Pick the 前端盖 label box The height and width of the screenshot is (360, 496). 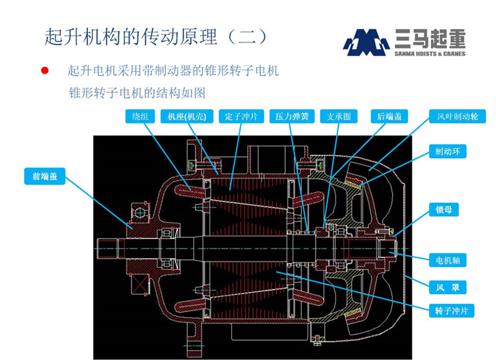point(44,175)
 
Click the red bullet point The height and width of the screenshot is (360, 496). point(45,71)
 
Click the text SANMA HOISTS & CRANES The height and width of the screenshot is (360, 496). point(429,54)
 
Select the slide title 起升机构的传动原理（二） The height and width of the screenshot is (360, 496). point(155,35)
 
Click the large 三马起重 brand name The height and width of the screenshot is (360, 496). point(429,40)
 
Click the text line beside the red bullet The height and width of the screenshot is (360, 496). point(173,71)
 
